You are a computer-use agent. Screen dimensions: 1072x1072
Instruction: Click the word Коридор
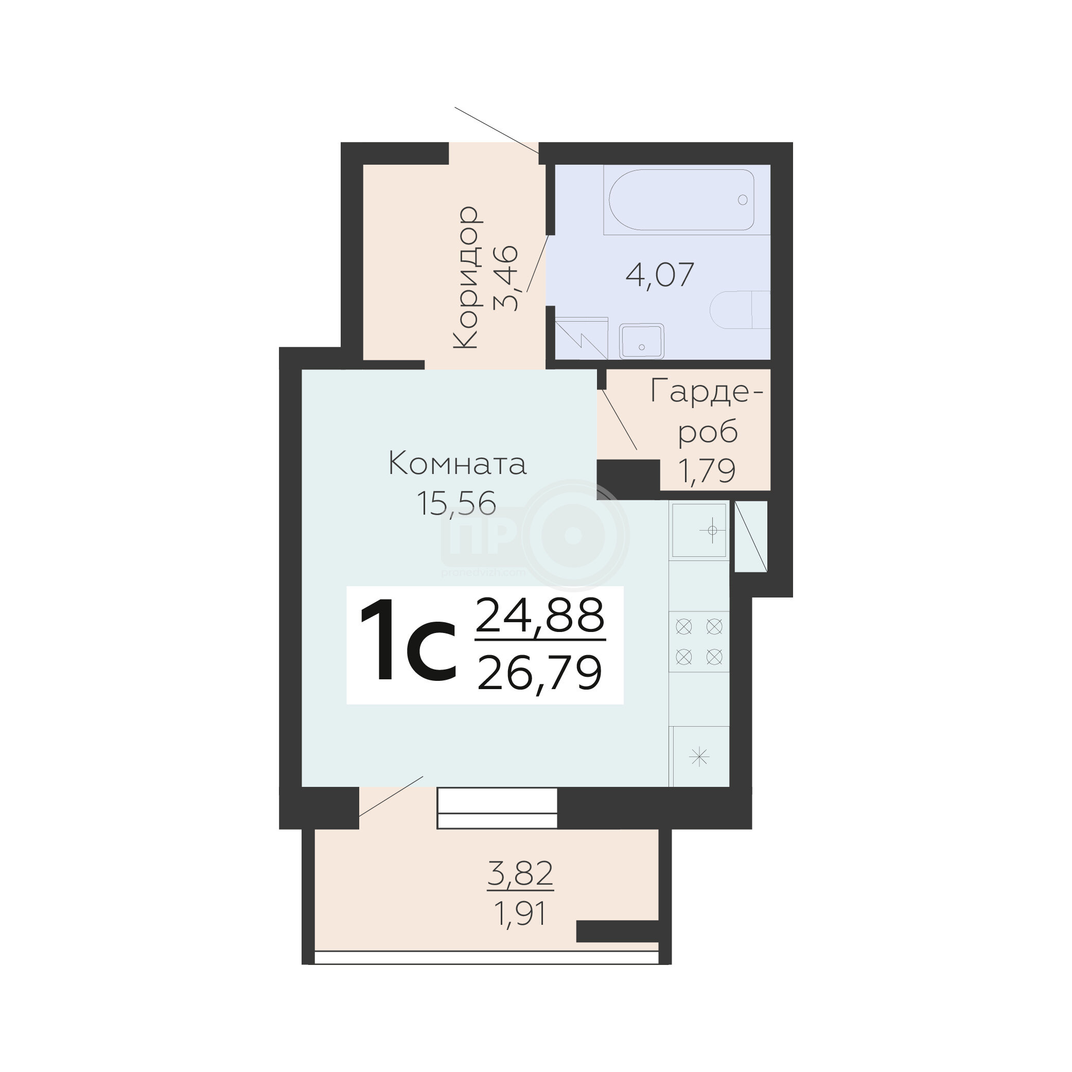pos(466,277)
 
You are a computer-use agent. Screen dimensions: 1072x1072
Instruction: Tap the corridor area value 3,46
pos(506,278)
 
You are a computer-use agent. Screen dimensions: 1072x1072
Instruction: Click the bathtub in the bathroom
pos(681,200)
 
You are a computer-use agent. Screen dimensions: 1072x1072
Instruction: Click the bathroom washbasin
pos(641,341)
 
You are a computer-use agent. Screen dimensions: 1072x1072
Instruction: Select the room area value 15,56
pos(456,504)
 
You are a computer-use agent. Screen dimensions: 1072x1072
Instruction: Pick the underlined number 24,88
pos(540,616)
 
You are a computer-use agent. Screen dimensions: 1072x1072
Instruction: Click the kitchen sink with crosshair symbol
pos(699,531)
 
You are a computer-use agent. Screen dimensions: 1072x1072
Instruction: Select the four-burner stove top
pos(699,642)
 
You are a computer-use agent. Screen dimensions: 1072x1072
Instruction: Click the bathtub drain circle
pos(743,200)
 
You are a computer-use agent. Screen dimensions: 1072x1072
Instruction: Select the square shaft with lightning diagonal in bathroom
pos(581,339)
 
